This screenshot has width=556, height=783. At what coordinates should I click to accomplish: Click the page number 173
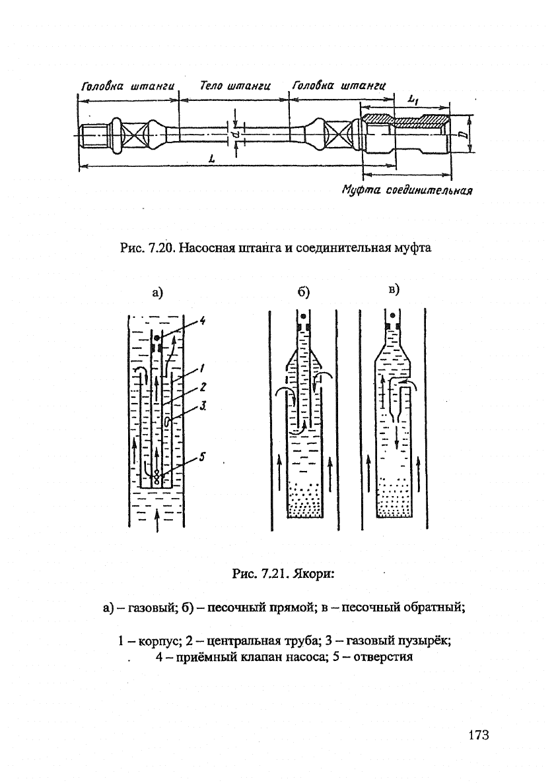point(479,735)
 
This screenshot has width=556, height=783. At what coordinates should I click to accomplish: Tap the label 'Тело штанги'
point(234,85)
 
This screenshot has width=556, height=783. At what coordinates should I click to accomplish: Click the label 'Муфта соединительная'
point(407,190)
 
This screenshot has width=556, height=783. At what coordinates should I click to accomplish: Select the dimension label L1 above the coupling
point(413,100)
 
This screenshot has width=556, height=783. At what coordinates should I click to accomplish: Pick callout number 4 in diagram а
point(203,321)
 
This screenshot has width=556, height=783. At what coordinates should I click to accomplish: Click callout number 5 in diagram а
point(203,456)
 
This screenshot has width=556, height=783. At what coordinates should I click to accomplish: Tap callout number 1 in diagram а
point(203,369)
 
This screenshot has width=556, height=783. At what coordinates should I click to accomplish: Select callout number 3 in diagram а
point(203,406)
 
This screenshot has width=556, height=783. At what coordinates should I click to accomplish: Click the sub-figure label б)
point(304,292)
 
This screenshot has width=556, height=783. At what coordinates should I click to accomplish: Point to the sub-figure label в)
point(394,289)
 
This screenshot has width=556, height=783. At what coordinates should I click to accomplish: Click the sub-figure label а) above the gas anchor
point(158,293)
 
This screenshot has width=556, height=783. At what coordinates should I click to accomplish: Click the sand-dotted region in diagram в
point(394,497)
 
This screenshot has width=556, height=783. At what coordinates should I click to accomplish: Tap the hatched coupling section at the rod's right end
point(405,120)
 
